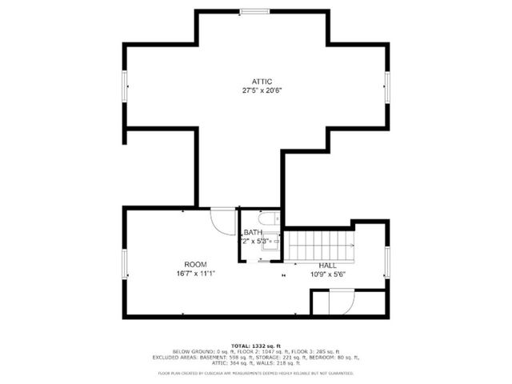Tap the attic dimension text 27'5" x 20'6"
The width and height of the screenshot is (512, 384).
[262, 90]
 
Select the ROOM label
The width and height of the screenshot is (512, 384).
[195, 265]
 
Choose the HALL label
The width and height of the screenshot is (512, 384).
[327, 265]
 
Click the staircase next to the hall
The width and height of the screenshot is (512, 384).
[319, 246]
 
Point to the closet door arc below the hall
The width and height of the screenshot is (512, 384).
[341, 303]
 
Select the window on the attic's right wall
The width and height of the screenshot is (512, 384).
[387, 86]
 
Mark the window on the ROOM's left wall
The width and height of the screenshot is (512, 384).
[124, 263]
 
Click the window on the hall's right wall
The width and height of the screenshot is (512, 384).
[387, 263]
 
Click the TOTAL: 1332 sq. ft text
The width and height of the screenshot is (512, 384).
[257, 344]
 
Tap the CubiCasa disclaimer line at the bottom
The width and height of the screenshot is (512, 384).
[257, 373]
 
